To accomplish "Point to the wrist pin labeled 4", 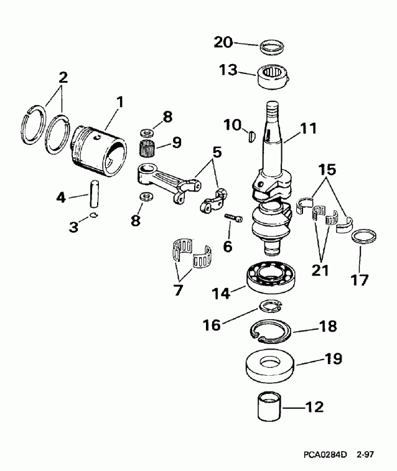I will [93, 194].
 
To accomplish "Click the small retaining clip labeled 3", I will [93, 215].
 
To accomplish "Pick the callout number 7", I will [179, 290].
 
